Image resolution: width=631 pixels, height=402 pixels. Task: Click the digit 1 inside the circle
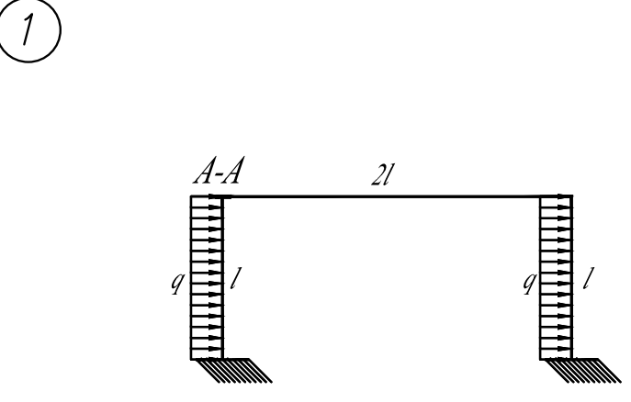coord(28,29)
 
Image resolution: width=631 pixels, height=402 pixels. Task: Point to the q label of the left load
coord(176,283)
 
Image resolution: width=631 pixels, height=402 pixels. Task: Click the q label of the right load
coord(530,283)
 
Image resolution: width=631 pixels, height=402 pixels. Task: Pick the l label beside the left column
coord(235,279)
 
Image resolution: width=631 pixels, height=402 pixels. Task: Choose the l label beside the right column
coord(589,279)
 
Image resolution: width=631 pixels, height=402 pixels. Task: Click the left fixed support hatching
coord(232,370)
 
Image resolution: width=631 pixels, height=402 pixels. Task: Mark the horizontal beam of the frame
coord(397,196)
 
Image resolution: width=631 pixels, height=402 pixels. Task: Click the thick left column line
coord(222,277)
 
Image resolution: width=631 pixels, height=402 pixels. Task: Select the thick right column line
coord(571,277)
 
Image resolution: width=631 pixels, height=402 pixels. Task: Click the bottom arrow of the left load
coord(206,348)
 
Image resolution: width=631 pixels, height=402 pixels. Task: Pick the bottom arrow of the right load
coord(556,348)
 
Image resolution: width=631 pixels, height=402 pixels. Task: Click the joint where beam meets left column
coord(222,196)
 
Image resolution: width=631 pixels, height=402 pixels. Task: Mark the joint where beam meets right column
coord(571,196)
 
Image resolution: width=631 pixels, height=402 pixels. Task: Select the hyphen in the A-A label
coord(219,176)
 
